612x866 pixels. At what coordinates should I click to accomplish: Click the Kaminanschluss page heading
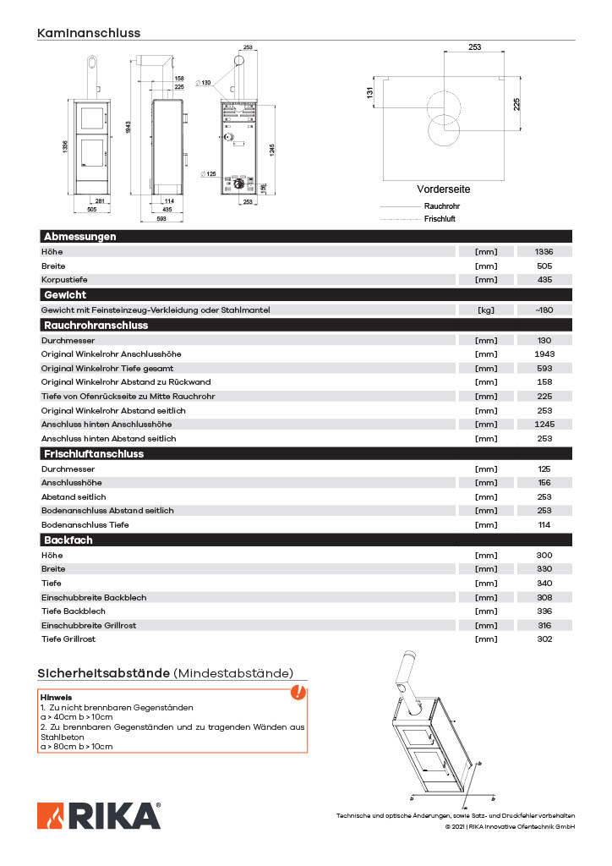coord(89,33)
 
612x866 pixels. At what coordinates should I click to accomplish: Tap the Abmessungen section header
coord(79,237)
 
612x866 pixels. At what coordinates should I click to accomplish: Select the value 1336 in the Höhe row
coord(544,252)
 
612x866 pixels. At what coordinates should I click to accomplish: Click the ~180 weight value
coord(544,310)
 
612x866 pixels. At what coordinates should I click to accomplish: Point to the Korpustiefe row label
coord(64,280)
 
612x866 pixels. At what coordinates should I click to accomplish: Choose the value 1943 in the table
coord(544,354)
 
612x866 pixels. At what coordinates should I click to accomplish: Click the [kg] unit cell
coord(486,310)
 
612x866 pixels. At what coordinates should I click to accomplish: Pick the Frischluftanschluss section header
coord(94,454)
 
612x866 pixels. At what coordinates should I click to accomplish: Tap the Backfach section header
coord(68,540)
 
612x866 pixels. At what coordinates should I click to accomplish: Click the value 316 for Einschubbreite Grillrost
coord(544,625)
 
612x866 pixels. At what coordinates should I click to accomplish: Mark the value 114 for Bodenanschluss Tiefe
coord(544,524)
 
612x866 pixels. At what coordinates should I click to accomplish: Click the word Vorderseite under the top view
coord(443,189)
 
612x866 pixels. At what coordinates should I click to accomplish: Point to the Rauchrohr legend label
coord(441,206)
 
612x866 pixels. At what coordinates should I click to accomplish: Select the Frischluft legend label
coord(440,219)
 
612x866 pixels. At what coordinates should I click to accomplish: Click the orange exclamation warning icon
coord(298,693)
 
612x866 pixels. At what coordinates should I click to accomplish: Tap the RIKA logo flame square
coord(51,815)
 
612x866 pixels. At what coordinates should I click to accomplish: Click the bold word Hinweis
coord(56,697)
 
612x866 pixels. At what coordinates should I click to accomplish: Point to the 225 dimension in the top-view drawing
coord(516,104)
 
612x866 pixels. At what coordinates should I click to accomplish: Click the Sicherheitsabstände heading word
coord(103,673)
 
